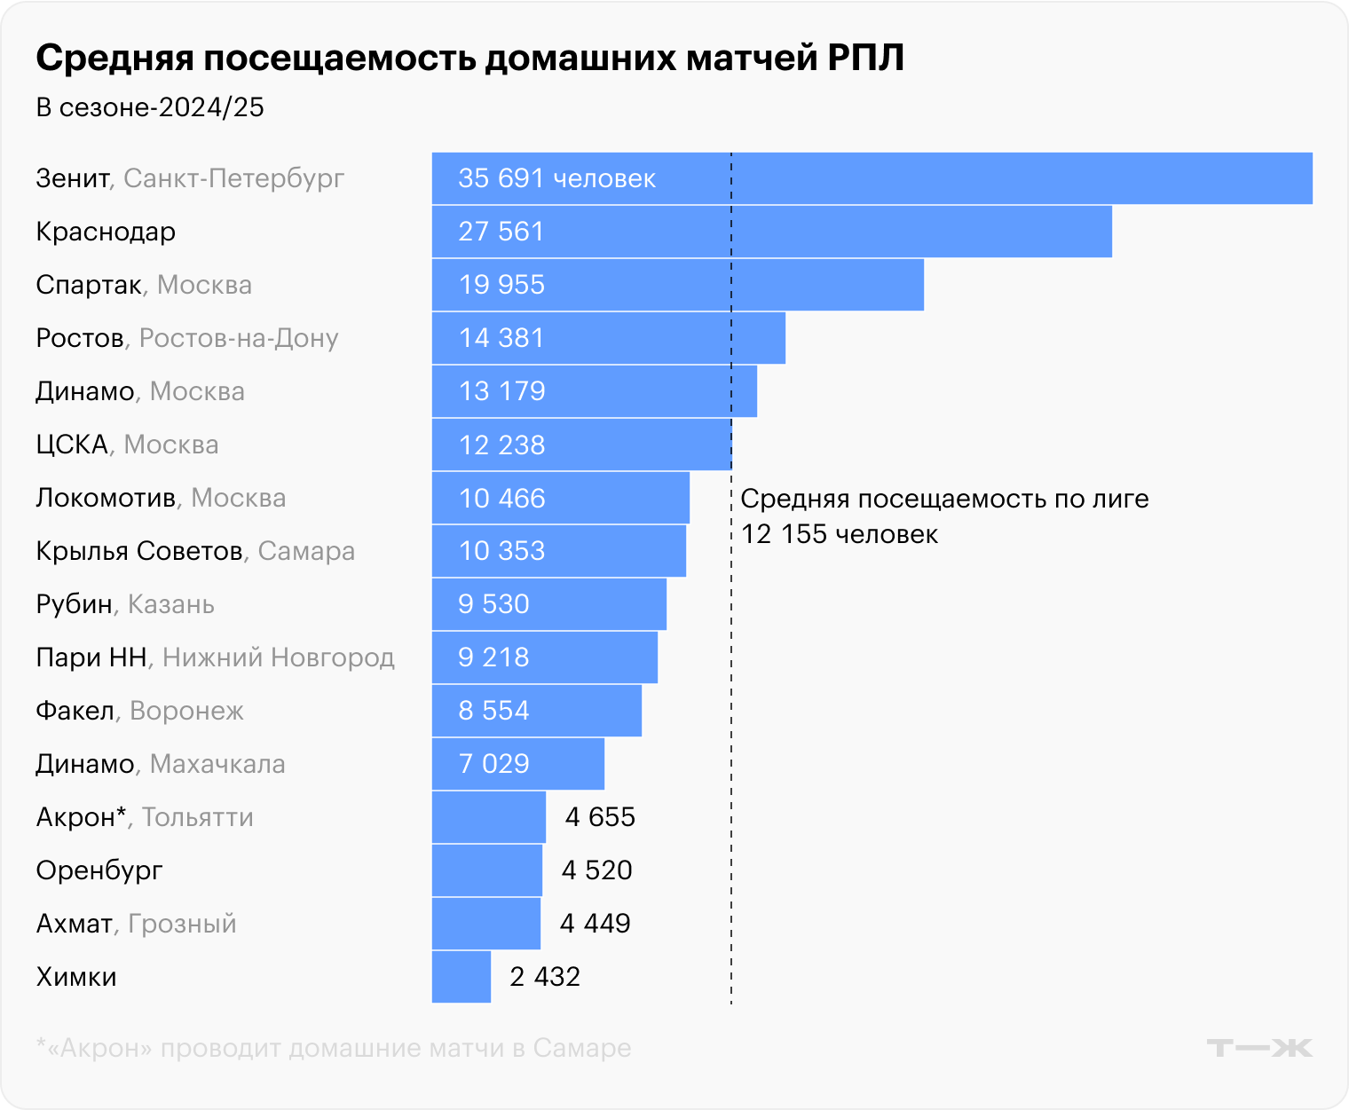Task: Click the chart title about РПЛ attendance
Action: [x=469, y=59]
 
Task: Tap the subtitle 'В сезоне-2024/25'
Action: [x=150, y=107]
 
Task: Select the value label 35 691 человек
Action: [x=556, y=178]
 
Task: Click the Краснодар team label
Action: [x=106, y=232]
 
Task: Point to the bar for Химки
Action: [x=461, y=977]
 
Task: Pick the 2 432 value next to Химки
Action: [x=545, y=977]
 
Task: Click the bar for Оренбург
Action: [x=486, y=870]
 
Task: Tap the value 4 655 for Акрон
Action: [x=600, y=817]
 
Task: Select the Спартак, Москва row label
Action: [x=144, y=285]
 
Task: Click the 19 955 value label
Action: [x=501, y=285]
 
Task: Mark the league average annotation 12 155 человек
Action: [x=839, y=534]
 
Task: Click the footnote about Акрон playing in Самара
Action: [x=334, y=1048]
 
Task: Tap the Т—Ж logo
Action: [x=1259, y=1048]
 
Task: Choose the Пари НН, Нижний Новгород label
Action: [x=215, y=657]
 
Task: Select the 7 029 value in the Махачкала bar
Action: [x=493, y=764]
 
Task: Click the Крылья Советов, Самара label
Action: [x=195, y=551]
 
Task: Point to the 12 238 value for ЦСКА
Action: [x=501, y=445]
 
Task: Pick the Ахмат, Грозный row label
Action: [x=136, y=924]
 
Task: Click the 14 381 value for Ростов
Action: [x=501, y=338]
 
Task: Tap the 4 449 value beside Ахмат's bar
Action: [x=595, y=924]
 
